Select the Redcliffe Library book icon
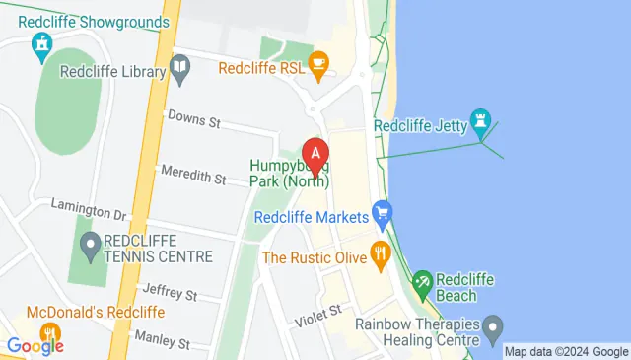(179, 69)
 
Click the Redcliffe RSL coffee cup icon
(317, 65)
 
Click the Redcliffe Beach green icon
(422, 283)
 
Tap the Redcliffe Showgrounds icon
(41, 44)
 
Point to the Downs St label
(193, 119)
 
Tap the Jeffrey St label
(170, 293)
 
